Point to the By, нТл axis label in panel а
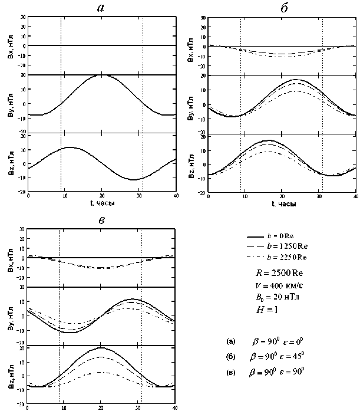[x=7, y=104]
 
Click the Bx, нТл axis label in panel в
[x=7, y=258]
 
